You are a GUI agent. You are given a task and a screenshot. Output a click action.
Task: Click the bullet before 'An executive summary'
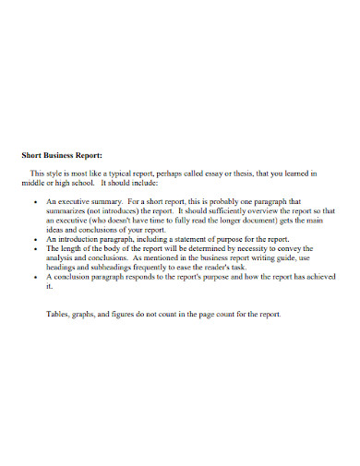(34, 200)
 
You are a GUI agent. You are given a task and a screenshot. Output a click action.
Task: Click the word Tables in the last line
(59, 314)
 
